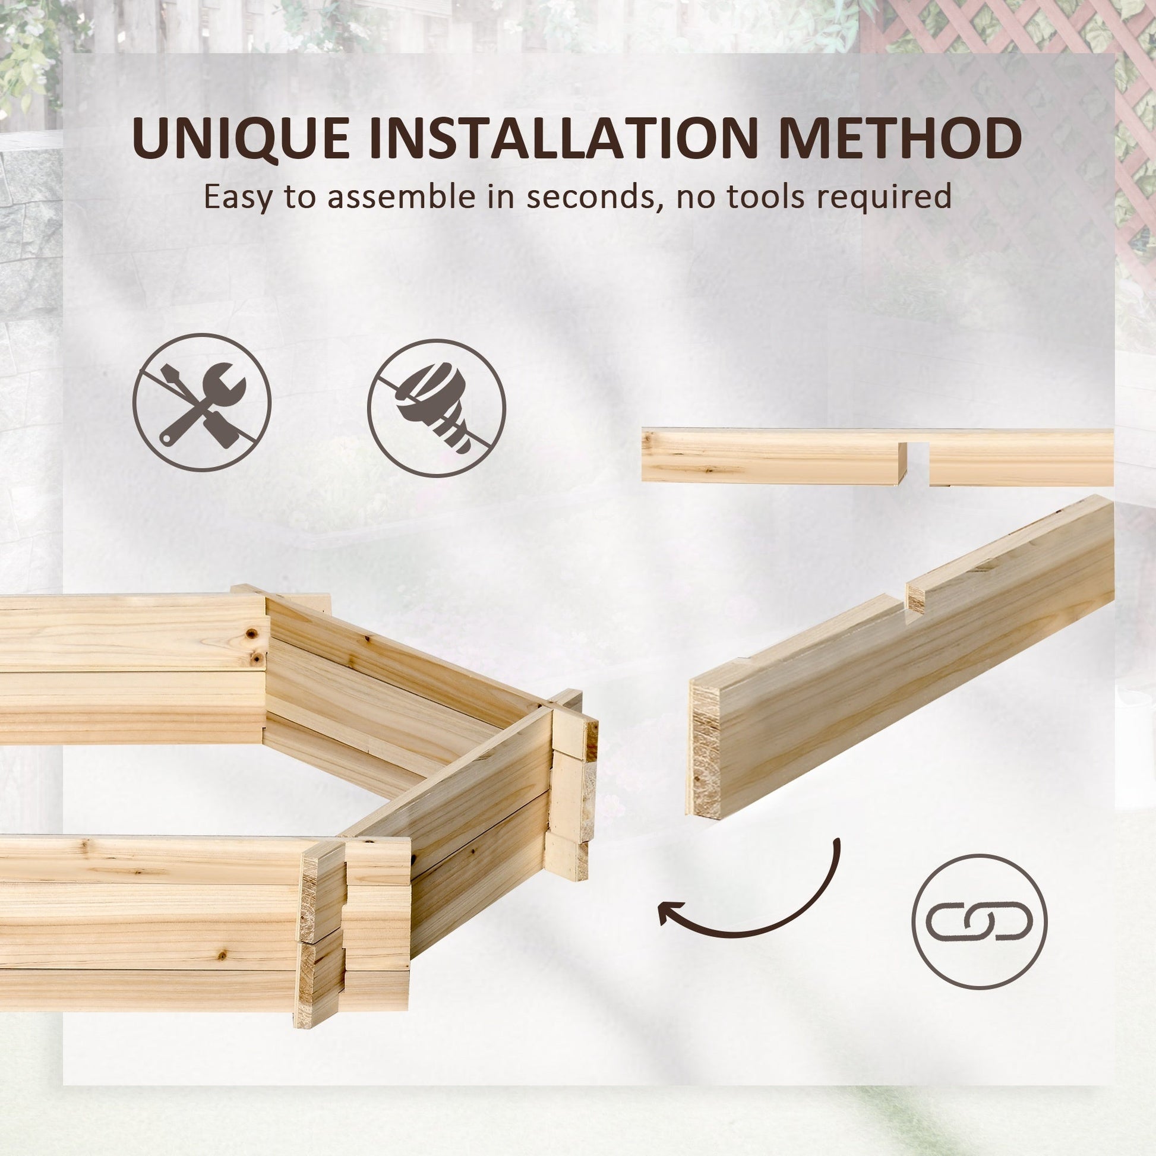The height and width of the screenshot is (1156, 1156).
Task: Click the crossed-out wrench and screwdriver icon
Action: (201, 403)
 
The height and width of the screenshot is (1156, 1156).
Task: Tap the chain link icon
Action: (980, 921)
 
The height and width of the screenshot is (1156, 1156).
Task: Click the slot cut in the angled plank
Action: (905, 598)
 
